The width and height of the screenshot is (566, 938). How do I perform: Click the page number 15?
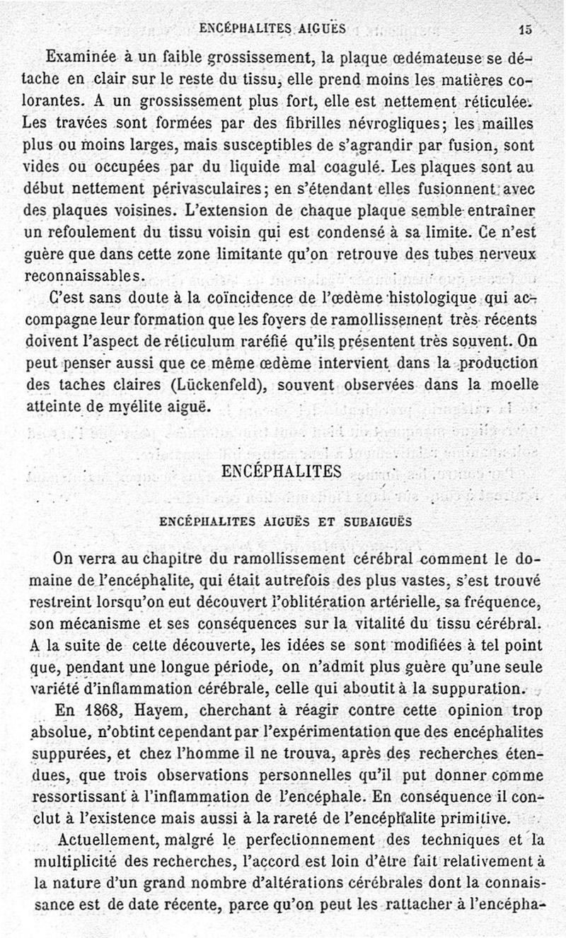(x=524, y=30)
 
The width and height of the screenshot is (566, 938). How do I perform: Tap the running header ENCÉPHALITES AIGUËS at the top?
(x=272, y=29)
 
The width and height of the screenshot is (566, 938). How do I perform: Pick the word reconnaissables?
(x=86, y=274)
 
